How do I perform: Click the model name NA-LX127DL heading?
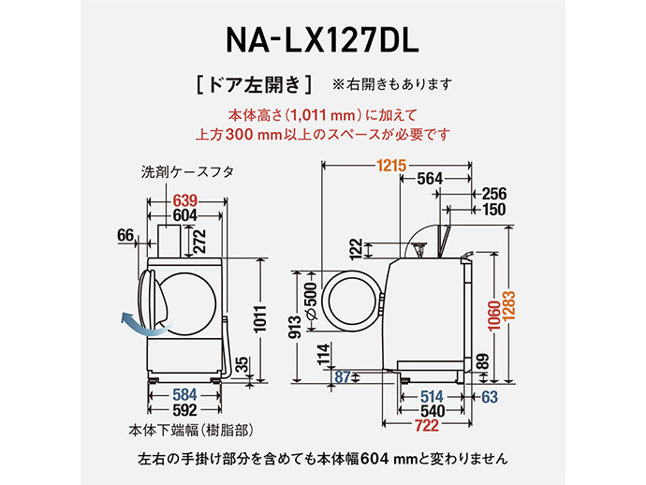(x=323, y=40)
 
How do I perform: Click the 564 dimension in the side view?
(x=430, y=180)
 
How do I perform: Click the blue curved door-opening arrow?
(x=137, y=325)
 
